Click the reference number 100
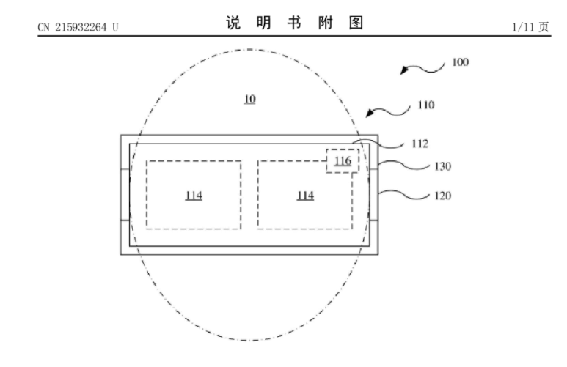pyautogui.click(x=461, y=62)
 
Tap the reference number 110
pyautogui.click(x=426, y=105)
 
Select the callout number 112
pyautogui.click(x=420, y=144)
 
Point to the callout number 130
pyautogui.click(x=442, y=166)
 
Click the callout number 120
pyautogui.click(x=442, y=196)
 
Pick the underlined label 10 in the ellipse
pyautogui.click(x=250, y=100)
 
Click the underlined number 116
pyautogui.click(x=343, y=160)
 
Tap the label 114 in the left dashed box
pyautogui.click(x=194, y=196)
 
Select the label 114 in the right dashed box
pyautogui.click(x=305, y=196)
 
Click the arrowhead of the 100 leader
pyautogui.click(x=403, y=70)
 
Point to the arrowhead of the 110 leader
pyautogui.click(x=369, y=113)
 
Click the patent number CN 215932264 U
pyautogui.click(x=78, y=27)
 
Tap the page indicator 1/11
pyautogui.click(x=524, y=27)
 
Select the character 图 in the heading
pyautogui.click(x=356, y=23)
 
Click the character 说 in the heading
pyautogui.click(x=233, y=23)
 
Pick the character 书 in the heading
pyautogui.click(x=295, y=23)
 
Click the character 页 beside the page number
pyautogui.click(x=544, y=27)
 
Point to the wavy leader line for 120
pyautogui.click(x=404, y=196)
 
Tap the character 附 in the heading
pyautogui.click(x=326, y=23)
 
